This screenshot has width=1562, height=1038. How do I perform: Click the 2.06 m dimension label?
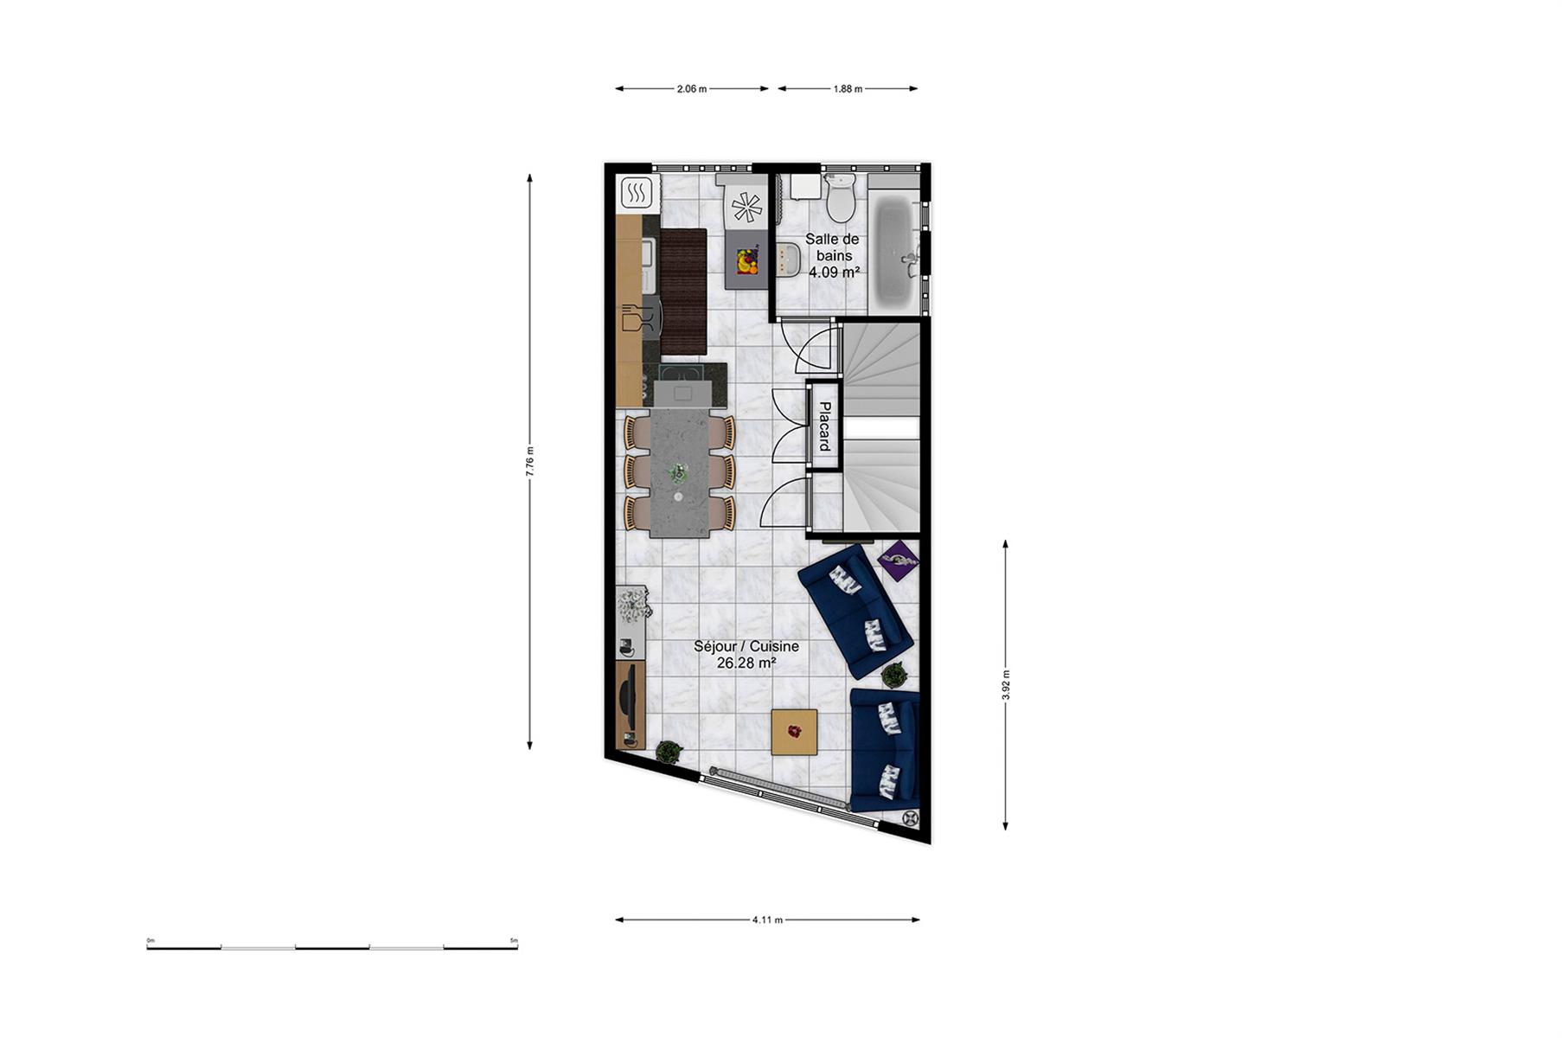coord(692,88)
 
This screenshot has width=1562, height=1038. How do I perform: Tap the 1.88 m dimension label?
coord(848,88)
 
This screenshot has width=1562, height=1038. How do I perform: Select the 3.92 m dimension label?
coord(1006,685)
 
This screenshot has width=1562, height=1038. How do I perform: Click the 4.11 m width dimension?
coord(767,919)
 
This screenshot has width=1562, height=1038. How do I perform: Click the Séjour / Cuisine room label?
coord(746,655)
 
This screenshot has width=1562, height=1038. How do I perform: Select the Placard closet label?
coord(824,426)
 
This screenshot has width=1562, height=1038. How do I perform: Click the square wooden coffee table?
coord(795,733)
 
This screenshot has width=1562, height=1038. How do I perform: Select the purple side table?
coord(899,561)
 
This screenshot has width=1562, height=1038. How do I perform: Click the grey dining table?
coord(679,472)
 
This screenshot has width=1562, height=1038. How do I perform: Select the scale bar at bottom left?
coord(332,946)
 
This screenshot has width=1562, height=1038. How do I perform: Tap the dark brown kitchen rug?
coord(683,292)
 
